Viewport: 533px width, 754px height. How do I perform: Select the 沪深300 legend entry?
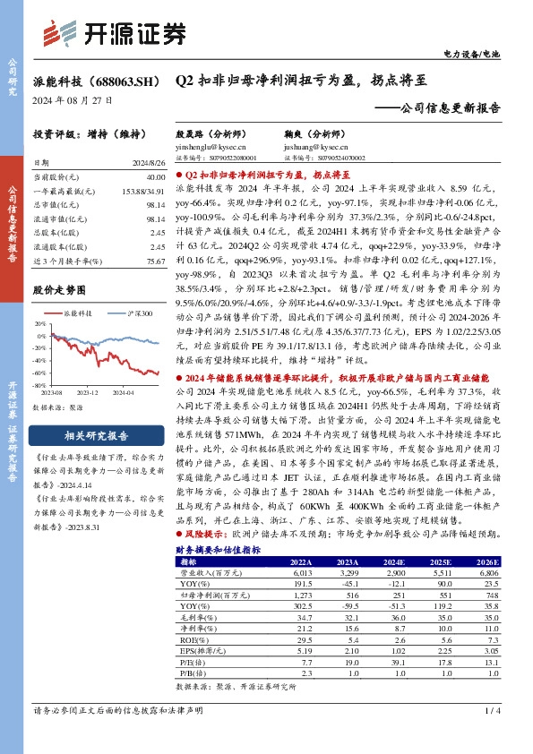137,313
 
